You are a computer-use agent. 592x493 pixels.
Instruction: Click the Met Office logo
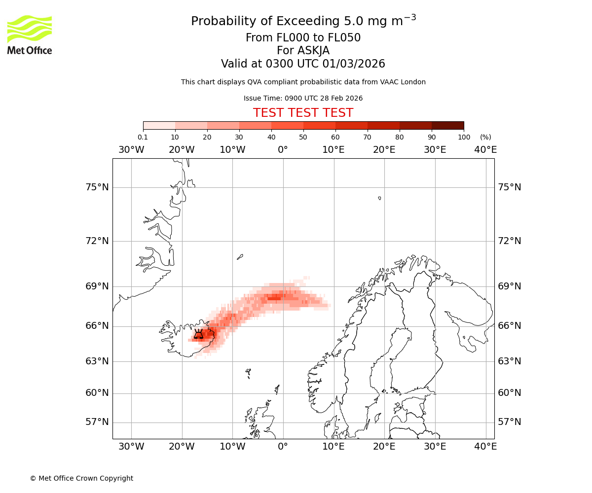coord(30,35)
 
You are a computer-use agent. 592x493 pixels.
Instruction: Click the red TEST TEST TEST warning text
coord(303,113)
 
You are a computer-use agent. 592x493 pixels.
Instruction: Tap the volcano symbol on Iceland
coord(198,334)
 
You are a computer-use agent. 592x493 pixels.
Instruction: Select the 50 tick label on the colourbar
coord(303,137)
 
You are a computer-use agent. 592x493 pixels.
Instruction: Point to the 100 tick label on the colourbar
coord(464,137)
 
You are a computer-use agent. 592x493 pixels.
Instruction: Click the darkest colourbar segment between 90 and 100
coord(447,125)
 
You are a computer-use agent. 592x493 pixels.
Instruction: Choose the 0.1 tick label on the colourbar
coord(143,137)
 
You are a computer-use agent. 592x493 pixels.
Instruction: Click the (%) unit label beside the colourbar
coord(485,137)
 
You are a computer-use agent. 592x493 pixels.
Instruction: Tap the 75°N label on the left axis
coord(96,187)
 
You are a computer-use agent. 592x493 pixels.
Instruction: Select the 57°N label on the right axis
coord(510,422)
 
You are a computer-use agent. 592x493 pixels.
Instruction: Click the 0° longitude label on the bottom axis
coord(283,447)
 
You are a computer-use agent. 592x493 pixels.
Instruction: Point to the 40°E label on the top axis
coord(485,149)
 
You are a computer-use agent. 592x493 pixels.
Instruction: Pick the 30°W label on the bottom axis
coord(131,447)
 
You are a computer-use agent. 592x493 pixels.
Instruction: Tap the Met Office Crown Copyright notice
coord(81,478)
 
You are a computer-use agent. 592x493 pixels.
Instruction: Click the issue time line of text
coord(303,98)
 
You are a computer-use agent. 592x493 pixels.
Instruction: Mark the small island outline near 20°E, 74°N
coord(379,198)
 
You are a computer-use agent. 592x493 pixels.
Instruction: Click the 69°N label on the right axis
coord(510,286)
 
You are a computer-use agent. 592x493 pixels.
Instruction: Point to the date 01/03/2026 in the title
coord(354,64)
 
